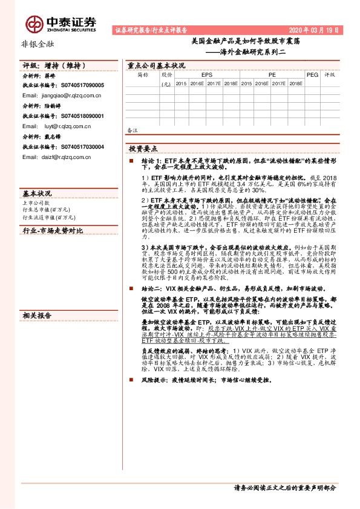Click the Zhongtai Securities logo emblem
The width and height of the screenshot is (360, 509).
click(34, 24)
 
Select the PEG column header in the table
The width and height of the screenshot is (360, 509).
click(312, 74)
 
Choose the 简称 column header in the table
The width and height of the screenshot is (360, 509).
click(143, 74)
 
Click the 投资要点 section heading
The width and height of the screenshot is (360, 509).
click(143, 148)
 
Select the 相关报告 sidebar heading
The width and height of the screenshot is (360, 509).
click(38, 315)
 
